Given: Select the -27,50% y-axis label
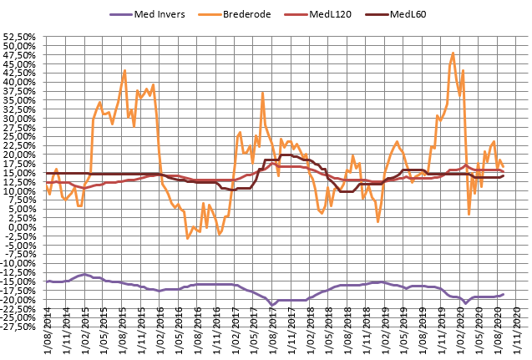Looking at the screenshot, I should pos(21,327).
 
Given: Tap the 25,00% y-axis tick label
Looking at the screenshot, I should pos(22,136).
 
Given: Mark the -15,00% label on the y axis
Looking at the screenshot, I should pos(21,281).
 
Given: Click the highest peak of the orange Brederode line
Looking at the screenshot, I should pos(453,53).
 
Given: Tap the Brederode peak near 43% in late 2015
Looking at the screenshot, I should pos(124,71).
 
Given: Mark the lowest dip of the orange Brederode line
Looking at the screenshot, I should pos(187,238).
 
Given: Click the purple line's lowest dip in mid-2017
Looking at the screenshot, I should pos(272,305).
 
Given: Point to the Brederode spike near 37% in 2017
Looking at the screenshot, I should pos(262,93).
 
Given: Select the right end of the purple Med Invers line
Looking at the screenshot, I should pos(504,294).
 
